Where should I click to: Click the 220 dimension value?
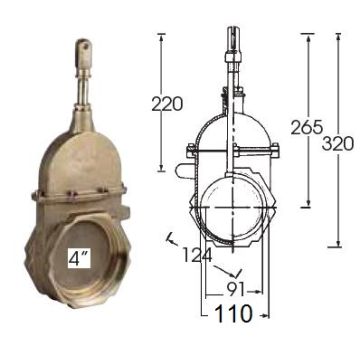pyautogui.click(x=167, y=104)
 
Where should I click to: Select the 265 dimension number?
pyautogui.click(x=307, y=127)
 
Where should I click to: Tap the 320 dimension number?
pyautogui.click(x=338, y=144)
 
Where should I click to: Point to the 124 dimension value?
pyautogui.click(x=197, y=256)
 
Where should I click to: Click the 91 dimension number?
pyautogui.click(x=235, y=289)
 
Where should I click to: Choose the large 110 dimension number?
pyautogui.click(x=233, y=314)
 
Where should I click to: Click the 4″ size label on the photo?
pyautogui.click(x=79, y=258)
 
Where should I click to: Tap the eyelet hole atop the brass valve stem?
pyautogui.click(x=84, y=46)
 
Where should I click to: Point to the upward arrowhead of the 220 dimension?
pyautogui.click(x=161, y=38)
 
